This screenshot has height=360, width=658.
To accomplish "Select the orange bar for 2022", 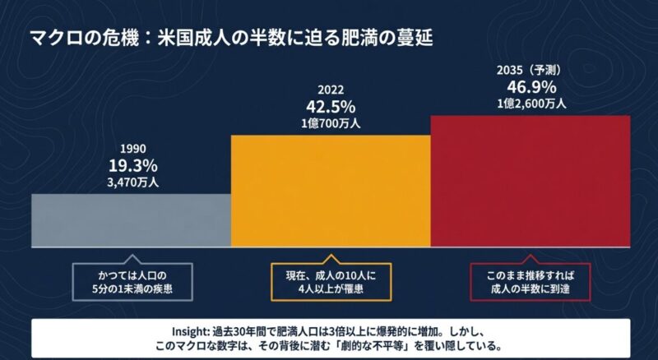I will (x=331, y=189).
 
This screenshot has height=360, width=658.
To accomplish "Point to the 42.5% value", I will (x=331, y=106).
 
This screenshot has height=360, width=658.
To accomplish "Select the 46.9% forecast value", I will (x=531, y=87).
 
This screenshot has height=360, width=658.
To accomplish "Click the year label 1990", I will (x=133, y=149).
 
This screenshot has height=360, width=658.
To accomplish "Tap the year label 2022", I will (x=331, y=91).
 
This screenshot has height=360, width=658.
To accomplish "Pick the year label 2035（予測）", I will (x=531, y=72).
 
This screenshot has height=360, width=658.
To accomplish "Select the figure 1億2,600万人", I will (x=531, y=104).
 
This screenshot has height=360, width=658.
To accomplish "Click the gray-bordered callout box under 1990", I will (x=132, y=282).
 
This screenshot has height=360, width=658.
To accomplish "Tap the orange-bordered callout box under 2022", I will (x=331, y=282).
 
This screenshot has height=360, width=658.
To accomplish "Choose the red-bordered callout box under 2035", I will (x=530, y=282).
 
